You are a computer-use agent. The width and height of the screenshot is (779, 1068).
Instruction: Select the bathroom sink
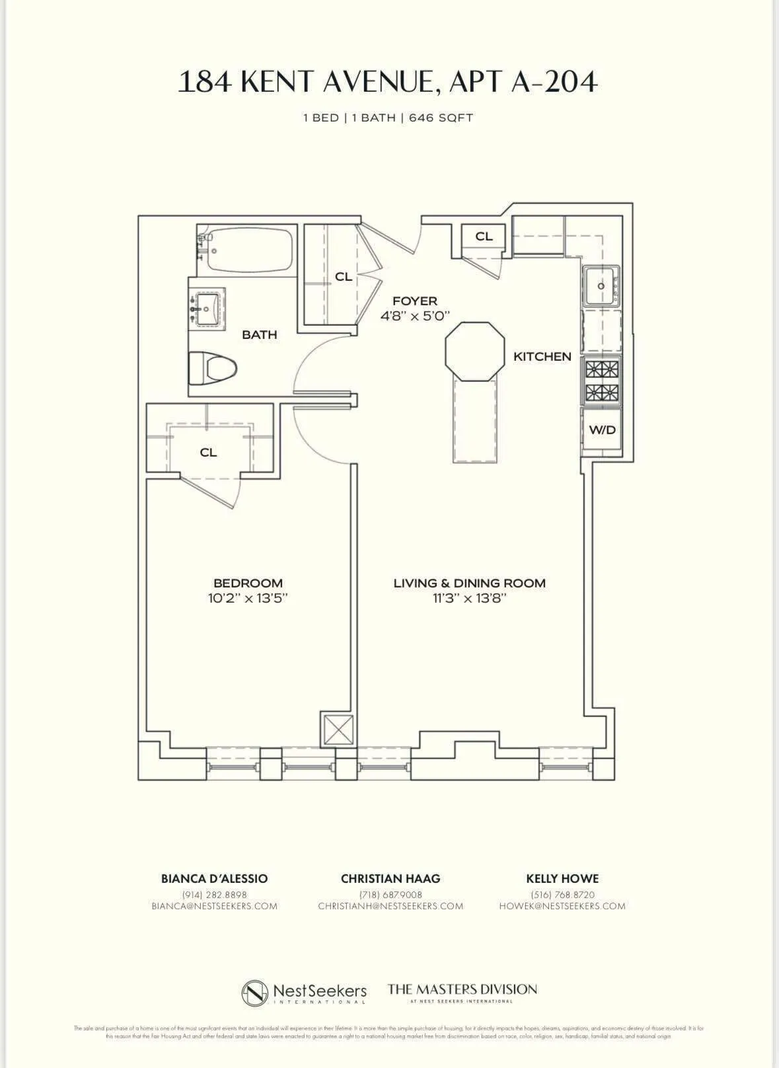[207, 307]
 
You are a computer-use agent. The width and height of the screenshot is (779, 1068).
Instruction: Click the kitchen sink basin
[600, 286]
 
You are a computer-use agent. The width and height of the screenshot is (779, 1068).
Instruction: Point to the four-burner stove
[601, 381]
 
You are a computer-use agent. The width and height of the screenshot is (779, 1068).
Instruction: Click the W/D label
[602, 430]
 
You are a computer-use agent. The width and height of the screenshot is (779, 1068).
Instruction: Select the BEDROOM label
[248, 583]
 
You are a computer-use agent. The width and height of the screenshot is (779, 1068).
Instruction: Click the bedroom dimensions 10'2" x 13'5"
[248, 599]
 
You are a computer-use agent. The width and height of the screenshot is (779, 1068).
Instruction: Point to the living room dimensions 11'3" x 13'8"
[470, 599]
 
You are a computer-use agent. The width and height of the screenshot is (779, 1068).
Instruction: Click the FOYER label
[415, 301]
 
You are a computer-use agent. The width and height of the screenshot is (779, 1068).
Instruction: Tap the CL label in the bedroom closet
[208, 453]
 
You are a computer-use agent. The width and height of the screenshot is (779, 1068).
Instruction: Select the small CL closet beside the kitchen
[484, 237]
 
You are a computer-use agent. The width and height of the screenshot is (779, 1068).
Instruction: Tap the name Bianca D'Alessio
[215, 879]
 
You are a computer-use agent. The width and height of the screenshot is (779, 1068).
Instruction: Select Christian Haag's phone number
[390, 895]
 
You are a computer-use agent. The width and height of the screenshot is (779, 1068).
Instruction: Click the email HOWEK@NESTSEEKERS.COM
[562, 906]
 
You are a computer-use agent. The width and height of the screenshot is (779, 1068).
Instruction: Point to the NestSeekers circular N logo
[255, 993]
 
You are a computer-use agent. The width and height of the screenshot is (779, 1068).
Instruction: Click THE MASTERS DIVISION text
[462, 989]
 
